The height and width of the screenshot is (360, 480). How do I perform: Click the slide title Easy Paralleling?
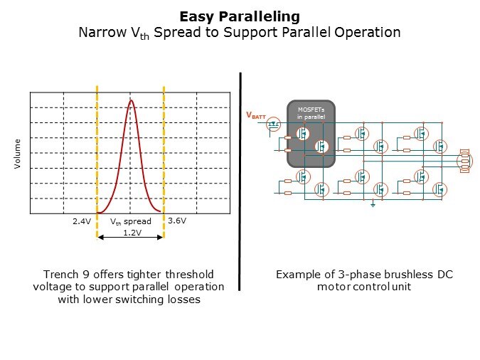tap(240, 17)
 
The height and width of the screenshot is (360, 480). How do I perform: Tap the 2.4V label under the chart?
tap(82, 221)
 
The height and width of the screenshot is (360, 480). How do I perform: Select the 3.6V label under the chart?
tap(177, 221)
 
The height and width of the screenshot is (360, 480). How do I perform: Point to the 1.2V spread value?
tap(132, 233)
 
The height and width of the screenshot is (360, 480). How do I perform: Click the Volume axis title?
tap(17, 154)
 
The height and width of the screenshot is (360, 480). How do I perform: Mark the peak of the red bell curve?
tap(132, 100)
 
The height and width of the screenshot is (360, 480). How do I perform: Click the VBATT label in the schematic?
tap(256, 115)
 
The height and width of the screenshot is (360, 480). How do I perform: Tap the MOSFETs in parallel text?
tap(311, 113)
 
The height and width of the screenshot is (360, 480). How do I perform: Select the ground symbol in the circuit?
tap(373, 203)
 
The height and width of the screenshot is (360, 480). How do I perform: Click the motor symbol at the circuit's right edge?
tap(464, 161)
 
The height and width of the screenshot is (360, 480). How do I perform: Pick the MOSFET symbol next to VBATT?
tap(273, 125)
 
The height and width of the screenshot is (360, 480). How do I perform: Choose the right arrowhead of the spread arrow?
tap(160, 237)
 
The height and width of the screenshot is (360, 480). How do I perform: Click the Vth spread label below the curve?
tap(131, 221)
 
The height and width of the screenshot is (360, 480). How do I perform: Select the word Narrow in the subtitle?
tap(102, 32)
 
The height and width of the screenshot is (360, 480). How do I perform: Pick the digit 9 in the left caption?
tap(86, 274)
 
